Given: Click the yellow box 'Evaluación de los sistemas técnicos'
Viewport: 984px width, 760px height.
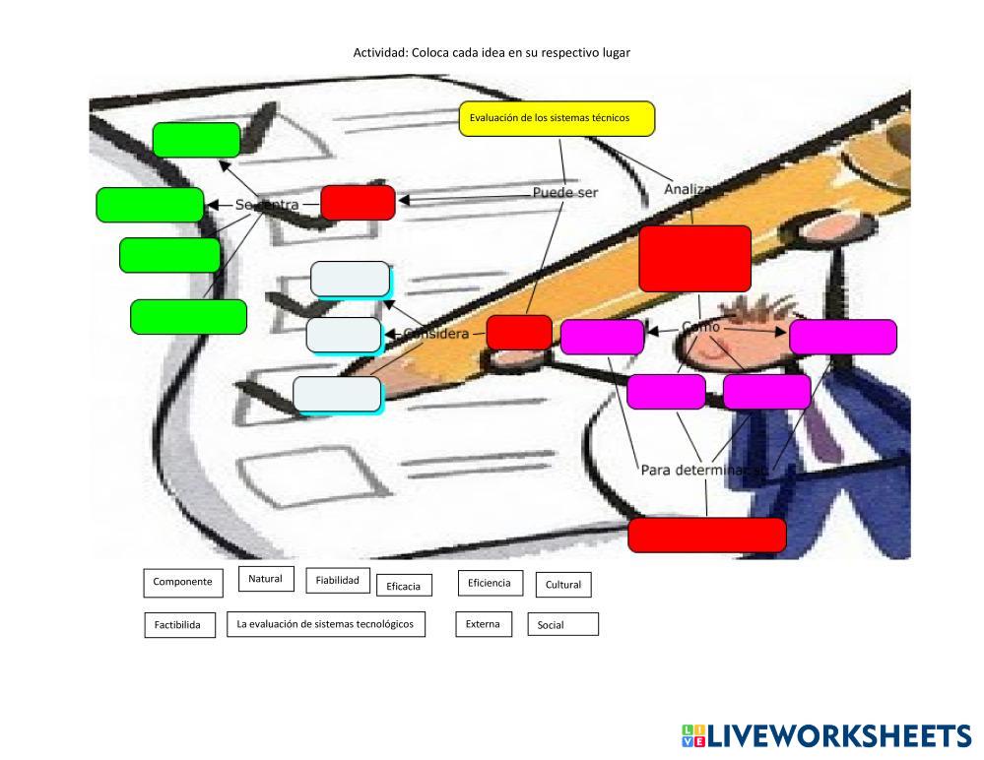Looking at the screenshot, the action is pyautogui.click(x=557, y=118).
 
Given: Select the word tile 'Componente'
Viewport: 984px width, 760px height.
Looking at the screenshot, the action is pyautogui.click(x=182, y=582).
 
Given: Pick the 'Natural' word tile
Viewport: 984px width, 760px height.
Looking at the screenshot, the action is pyautogui.click(x=266, y=579).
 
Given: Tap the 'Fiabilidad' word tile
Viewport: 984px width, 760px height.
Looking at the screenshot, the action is pyautogui.click(x=337, y=581).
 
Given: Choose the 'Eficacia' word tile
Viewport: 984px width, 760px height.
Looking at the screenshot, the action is pyautogui.click(x=403, y=586).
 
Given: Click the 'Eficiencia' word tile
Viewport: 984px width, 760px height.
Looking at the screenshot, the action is pyautogui.click(x=489, y=583).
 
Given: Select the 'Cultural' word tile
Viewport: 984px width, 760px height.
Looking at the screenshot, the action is pyautogui.click(x=563, y=585).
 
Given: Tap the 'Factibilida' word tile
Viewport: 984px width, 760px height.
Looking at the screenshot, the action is pyautogui.click(x=178, y=625).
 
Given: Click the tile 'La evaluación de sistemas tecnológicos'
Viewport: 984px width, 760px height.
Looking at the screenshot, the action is pyautogui.click(x=326, y=624).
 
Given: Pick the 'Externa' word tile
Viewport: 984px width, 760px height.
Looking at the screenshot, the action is pyautogui.click(x=484, y=624).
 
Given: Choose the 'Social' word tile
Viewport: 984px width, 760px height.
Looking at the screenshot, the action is pyautogui.click(x=562, y=625).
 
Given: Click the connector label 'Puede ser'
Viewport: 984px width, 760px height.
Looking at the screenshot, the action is pyautogui.click(x=565, y=193).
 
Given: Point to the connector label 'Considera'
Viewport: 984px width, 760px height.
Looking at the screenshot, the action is pyautogui.click(x=437, y=334).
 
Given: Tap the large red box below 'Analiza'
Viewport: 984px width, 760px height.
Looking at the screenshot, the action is pyautogui.click(x=694, y=258).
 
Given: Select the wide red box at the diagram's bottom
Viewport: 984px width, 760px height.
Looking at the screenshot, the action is pyautogui.click(x=707, y=535).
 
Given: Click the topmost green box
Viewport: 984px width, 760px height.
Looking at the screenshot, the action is pyautogui.click(x=196, y=140).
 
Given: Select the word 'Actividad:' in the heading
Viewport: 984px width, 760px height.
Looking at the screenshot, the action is pyautogui.click(x=380, y=53).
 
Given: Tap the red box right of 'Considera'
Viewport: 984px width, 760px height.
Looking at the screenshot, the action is pyautogui.click(x=519, y=332).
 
